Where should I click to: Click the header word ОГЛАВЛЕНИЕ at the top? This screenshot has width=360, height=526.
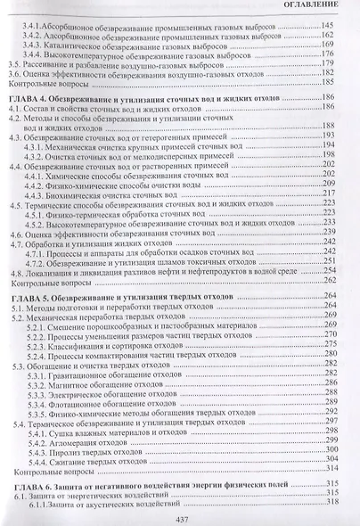click(320, 6)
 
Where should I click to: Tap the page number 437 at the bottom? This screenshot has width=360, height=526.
click(180, 518)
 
